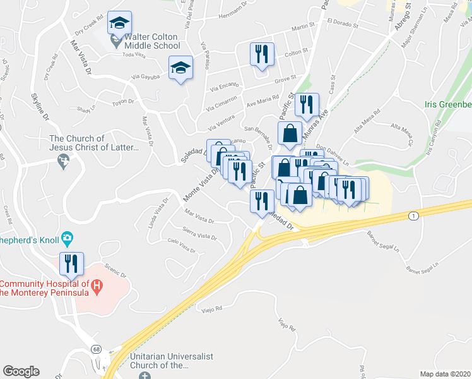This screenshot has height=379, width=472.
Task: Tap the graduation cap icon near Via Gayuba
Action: click(x=180, y=68)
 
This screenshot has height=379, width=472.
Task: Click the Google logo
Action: click(x=21, y=371)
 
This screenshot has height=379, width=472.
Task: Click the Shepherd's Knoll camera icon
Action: click(x=68, y=239)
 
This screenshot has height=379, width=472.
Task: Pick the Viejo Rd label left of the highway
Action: click(x=212, y=309)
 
